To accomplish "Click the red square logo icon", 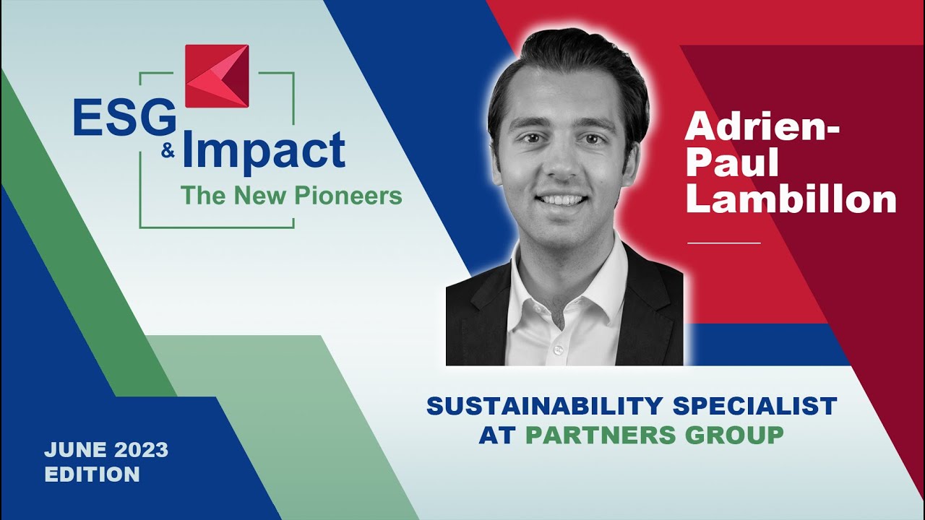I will (217, 76).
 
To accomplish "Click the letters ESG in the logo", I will (124, 117).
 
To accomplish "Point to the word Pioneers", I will (358, 195).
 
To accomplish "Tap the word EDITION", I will (92, 474).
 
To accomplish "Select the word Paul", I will (731, 163).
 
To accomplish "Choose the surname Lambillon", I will (791, 199).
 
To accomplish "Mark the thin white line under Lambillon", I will (723, 243).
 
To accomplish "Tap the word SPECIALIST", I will (754, 406).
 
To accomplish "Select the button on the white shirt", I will (557, 350).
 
